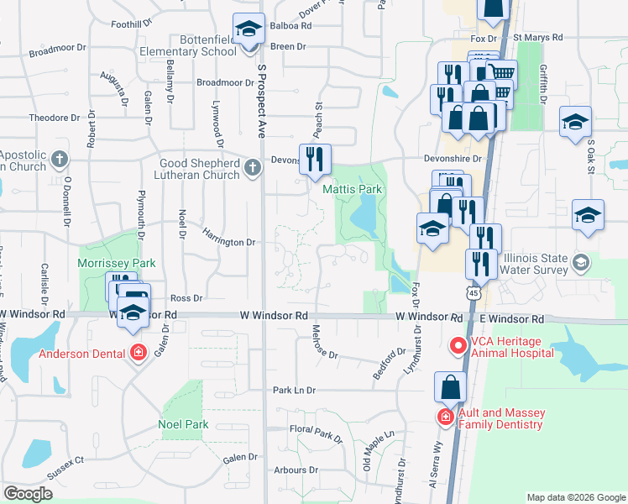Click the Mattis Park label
click(353, 190)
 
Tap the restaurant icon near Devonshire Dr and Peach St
click(316, 159)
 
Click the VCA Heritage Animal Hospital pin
click(458, 344)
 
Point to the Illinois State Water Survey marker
click(580, 265)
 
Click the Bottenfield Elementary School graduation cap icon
click(249, 32)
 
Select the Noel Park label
click(183, 424)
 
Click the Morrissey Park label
click(117, 263)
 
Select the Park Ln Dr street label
click(293, 391)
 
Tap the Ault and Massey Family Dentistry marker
click(444, 417)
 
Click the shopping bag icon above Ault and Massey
click(450, 387)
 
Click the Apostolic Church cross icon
click(59, 159)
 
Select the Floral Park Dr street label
click(317, 433)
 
